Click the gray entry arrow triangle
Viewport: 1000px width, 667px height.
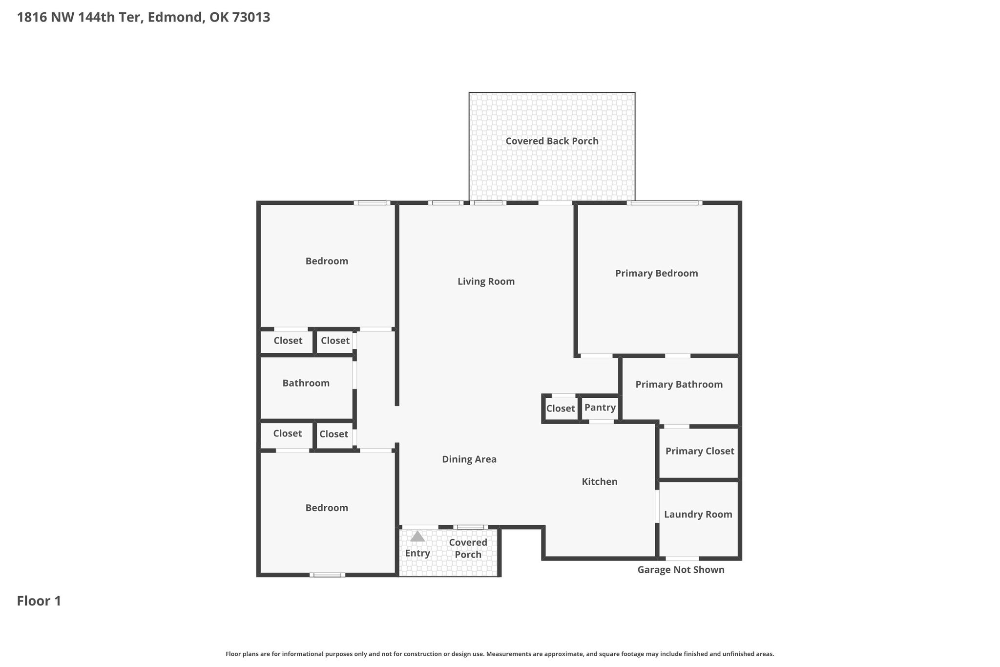[417, 537]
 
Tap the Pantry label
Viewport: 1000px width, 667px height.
[600, 408]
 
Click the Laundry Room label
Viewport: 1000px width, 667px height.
[698, 514]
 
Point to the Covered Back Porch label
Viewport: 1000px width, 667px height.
[552, 141]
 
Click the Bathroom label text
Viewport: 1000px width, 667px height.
[306, 383]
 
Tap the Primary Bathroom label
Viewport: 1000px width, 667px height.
[679, 385]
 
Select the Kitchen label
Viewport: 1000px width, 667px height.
[600, 482]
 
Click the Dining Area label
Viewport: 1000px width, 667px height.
[469, 459]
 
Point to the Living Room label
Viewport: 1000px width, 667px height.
[486, 281]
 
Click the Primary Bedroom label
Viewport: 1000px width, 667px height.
[657, 273]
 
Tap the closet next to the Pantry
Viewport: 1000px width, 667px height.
[561, 409]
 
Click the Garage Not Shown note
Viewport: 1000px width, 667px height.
[681, 570]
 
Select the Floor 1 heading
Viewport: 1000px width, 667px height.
[39, 601]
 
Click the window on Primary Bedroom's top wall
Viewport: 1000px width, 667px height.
[665, 203]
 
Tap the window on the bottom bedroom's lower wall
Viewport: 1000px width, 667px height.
[327, 575]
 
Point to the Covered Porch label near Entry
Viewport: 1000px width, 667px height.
[468, 548]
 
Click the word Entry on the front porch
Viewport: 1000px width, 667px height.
[417, 553]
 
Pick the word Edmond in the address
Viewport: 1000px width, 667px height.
[175, 18]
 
